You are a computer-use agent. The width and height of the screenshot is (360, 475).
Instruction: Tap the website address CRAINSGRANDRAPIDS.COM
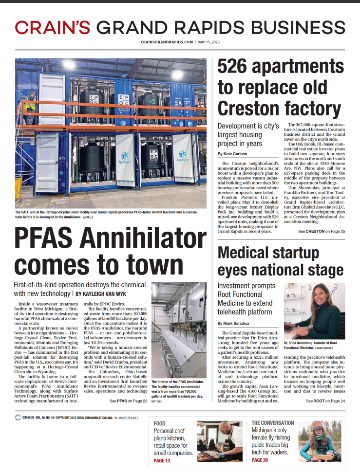pos(167,43)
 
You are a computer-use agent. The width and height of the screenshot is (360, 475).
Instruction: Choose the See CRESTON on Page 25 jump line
pos(322,231)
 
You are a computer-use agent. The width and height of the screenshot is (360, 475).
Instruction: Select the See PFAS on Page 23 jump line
pos(129,401)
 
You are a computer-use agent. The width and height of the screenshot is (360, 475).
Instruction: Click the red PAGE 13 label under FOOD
pos(162,460)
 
